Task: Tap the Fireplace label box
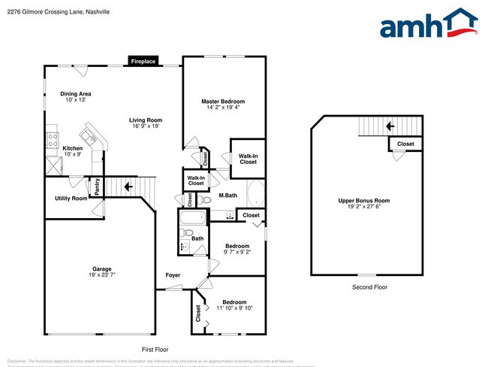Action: [142, 62]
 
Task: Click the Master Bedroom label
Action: [222, 102]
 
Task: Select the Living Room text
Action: [146, 120]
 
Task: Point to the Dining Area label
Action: [76, 94]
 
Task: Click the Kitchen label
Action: [72, 148]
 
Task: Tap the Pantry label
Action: [97, 185]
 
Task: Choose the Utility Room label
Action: [71, 199]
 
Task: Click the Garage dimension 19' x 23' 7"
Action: [102, 275]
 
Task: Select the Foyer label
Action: [173, 275]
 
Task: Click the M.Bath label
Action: [228, 196]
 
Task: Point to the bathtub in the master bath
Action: [256, 193]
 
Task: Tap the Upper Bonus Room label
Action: [363, 201]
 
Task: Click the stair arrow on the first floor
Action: [128, 187]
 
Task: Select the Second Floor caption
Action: [369, 287]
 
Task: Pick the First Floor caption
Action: [155, 350]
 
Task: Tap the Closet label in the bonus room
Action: [405, 144]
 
